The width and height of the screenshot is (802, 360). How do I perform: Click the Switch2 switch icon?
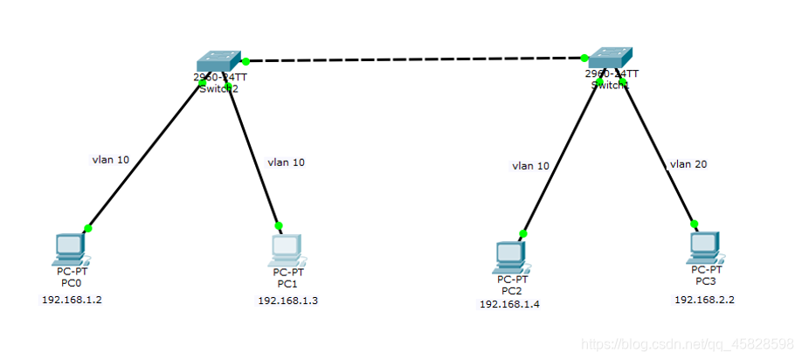(218, 61)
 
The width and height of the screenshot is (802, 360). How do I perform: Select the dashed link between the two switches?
(415, 59)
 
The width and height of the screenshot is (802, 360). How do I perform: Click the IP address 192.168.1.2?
(66, 299)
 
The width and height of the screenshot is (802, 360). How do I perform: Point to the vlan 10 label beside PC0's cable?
(111, 160)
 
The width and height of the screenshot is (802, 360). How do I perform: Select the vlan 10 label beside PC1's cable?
(286, 162)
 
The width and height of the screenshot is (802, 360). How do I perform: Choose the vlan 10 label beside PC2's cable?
(531, 164)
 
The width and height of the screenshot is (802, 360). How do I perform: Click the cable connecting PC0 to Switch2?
(144, 156)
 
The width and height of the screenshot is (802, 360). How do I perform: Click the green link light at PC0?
(87, 228)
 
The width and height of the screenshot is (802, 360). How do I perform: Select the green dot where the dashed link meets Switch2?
(246, 61)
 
